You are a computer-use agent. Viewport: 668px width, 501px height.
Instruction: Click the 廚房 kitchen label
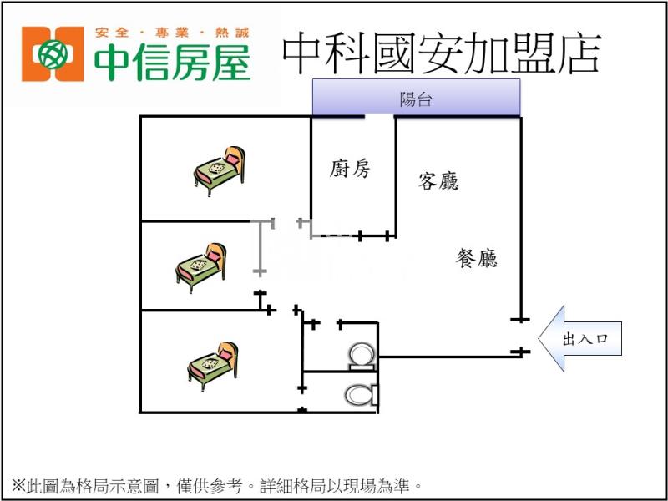(350, 170)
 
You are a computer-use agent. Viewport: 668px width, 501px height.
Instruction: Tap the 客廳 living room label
(438, 181)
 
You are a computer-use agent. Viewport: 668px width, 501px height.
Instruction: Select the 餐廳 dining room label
(476, 258)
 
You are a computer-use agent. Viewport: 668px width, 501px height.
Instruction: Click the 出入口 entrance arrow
(579, 339)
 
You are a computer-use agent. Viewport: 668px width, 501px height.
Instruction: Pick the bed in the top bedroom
(220, 166)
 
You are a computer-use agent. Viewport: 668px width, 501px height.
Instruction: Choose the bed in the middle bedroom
(201, 267)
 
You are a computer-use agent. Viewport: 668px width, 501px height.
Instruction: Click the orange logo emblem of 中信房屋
(53, 54)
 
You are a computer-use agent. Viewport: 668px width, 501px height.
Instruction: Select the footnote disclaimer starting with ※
(216, 483)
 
